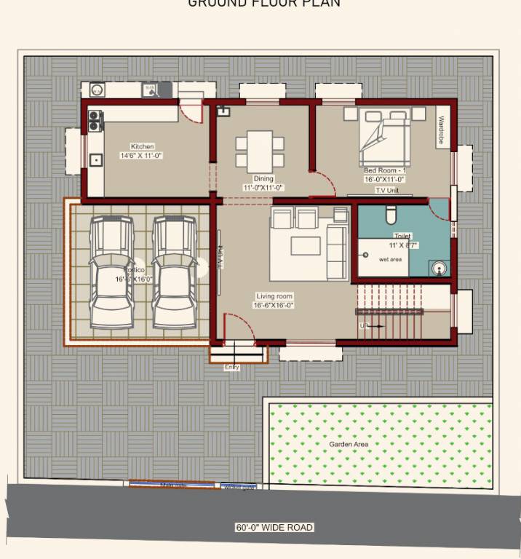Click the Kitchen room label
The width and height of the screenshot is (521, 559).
pos(142,147)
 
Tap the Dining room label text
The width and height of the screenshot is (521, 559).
pos(263,179)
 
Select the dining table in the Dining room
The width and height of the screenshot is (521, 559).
pos(259,149)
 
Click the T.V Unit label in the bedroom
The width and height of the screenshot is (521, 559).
pos(386,191)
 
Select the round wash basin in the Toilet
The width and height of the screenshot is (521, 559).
pos(438,267)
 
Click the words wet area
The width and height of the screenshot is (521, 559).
pos(391,260)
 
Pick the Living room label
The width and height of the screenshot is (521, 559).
pos(274,296)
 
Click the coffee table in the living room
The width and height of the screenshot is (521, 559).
pos(306,246)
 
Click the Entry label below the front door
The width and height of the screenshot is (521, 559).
pos(231,368)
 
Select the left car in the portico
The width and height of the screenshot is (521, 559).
pos(111,272)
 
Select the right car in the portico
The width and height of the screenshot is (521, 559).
pos(175,272)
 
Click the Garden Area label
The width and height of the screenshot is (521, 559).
pos(349,444)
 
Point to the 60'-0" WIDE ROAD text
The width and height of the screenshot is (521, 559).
pos(274,528)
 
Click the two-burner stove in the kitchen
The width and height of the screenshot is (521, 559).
pos(94,121)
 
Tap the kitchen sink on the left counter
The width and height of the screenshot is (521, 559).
pos(95,160)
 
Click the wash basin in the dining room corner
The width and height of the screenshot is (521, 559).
pos(222,111)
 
